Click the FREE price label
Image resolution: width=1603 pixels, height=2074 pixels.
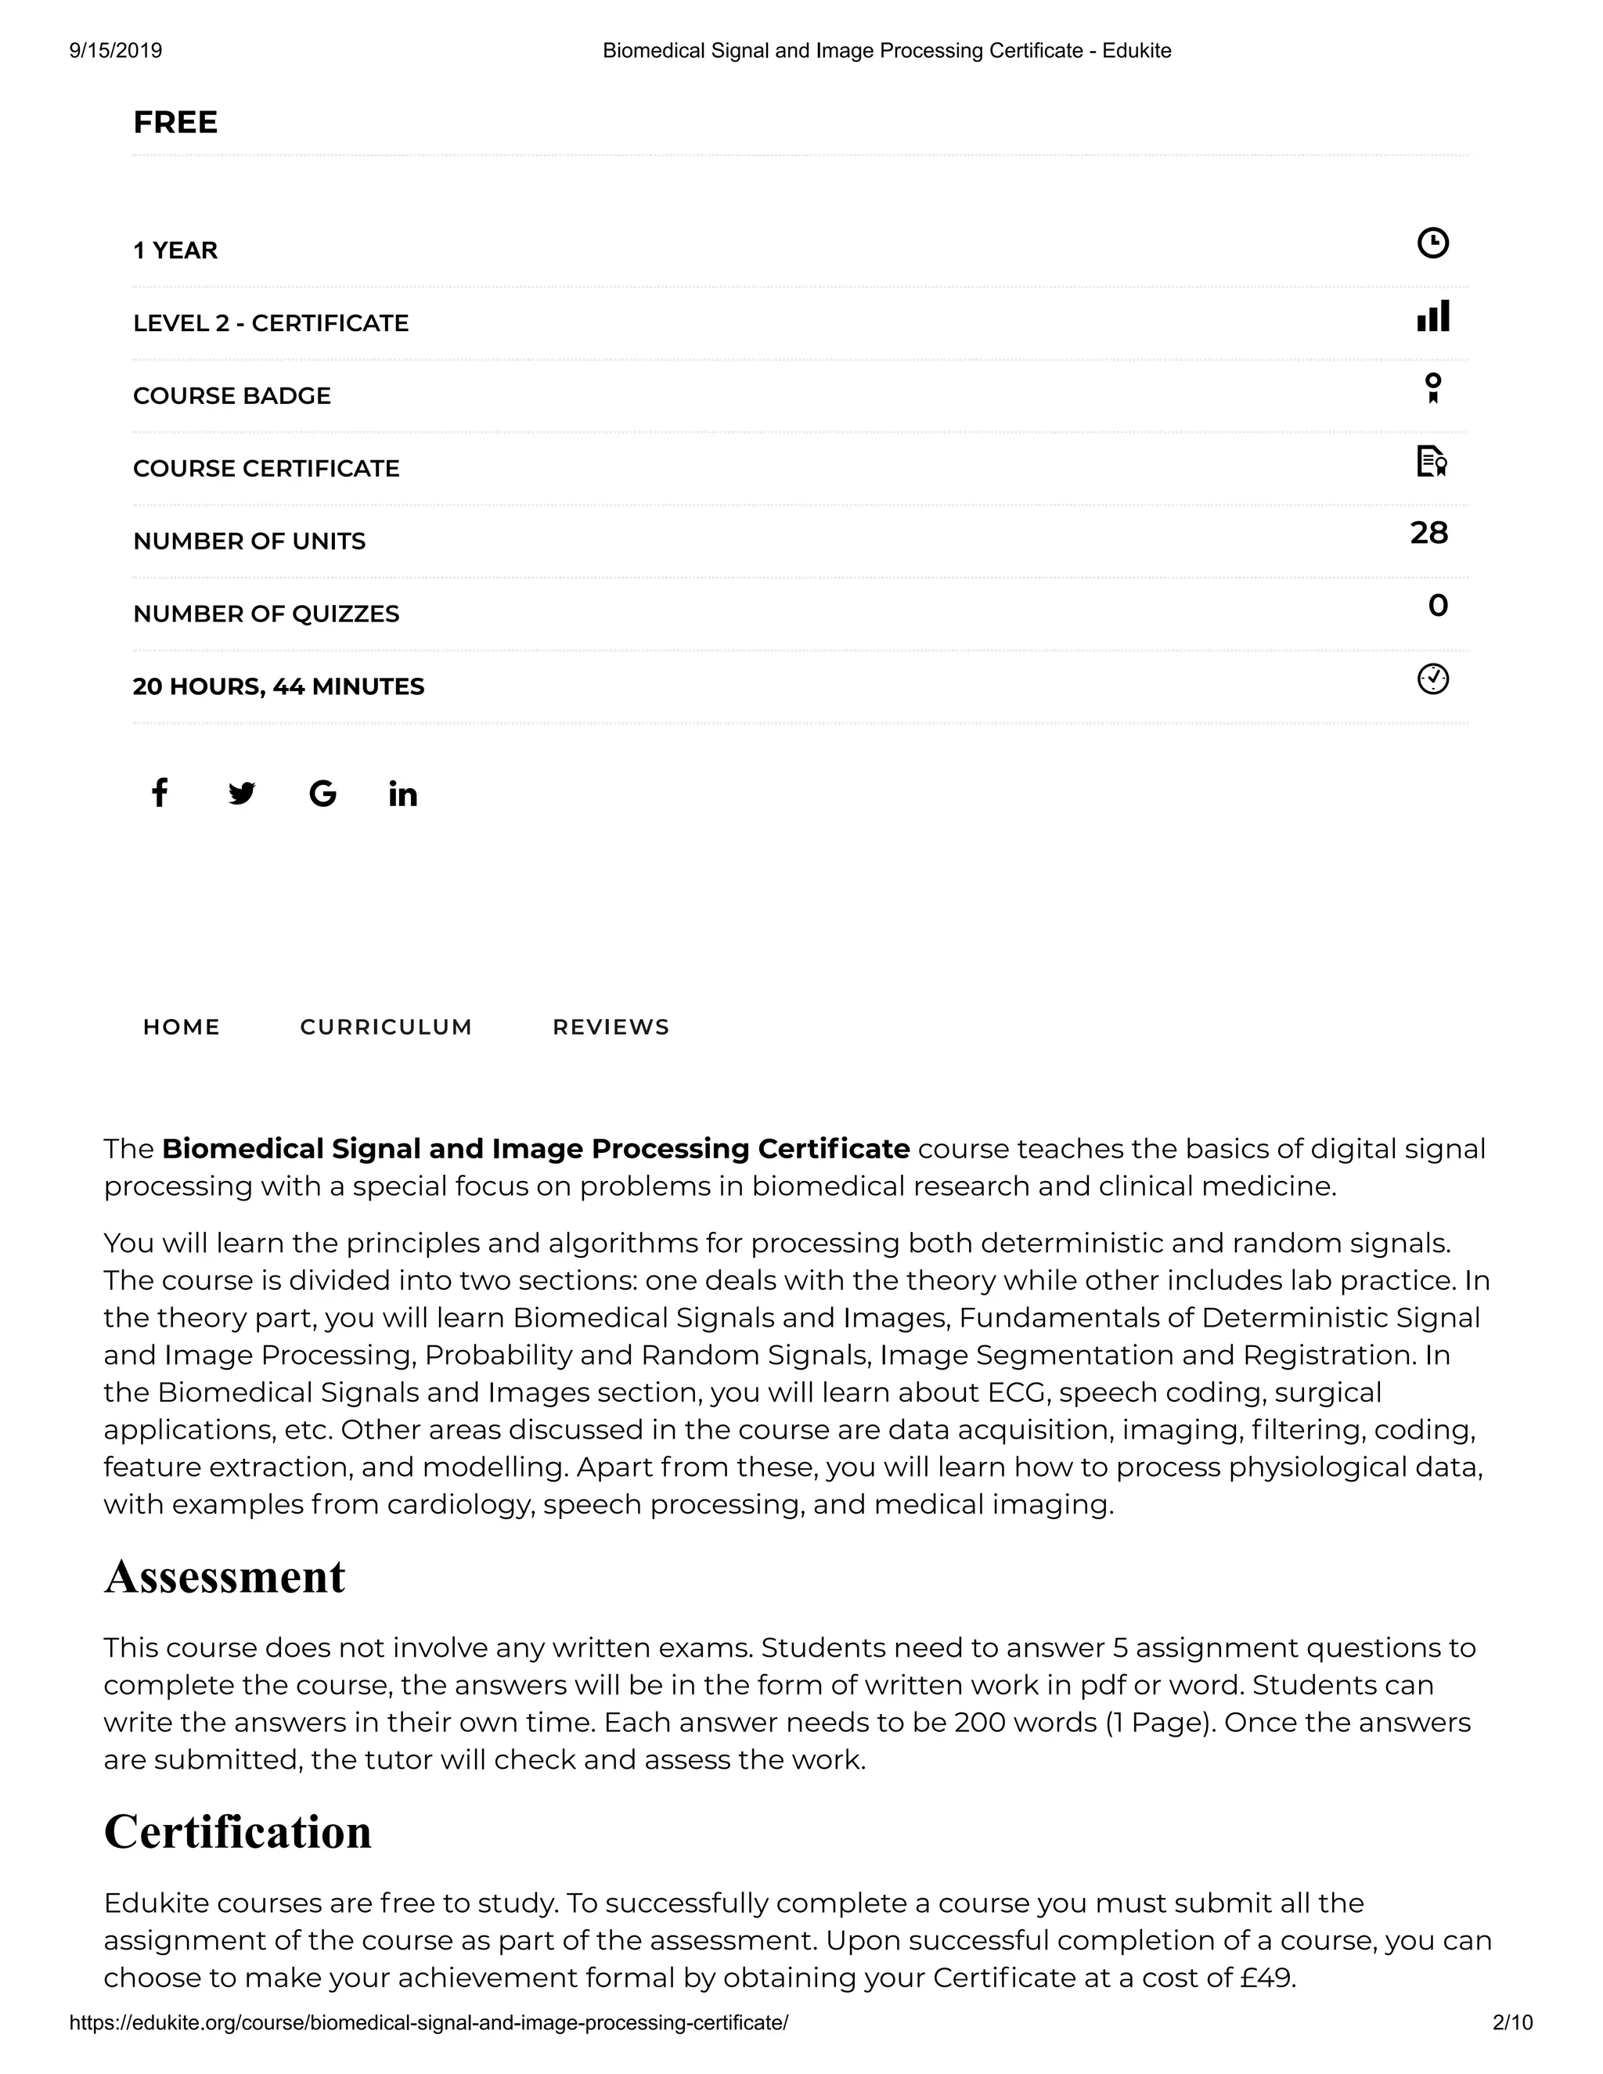tap(175, 123)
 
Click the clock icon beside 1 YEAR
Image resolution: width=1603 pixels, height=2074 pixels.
tap(1432, 243)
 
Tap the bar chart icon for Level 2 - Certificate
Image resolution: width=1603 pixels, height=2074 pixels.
tap(1432, 315)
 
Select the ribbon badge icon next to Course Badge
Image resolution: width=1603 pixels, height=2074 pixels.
tap(1433, 388)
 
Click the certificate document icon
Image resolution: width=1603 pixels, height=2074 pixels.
tap(1431, 462)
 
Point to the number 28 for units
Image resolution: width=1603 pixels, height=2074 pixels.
tap(1428, 533)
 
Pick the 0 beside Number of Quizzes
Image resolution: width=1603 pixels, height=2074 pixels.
tap(1438, 606)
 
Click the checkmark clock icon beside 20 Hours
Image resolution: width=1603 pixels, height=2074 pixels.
tap(1432, 679)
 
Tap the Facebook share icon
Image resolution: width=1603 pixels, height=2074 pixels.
tap(160, 793)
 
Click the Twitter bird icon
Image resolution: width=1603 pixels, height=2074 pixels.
tap(241, 793)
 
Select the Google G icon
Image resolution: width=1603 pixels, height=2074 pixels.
tap(323, 793)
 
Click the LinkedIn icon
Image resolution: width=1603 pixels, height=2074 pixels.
tap(402, 794)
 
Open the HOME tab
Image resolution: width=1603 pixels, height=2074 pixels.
tap(182, 1027)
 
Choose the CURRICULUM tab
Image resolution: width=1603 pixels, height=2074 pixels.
tap(386, 1027)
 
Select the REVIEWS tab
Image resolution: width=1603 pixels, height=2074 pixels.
tap(611, 1027)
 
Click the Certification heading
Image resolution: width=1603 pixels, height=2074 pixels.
tap(237, 1831)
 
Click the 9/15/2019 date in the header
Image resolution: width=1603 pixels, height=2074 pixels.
tap(116, 50)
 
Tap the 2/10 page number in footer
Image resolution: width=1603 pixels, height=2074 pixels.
tap(1512, 2022)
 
